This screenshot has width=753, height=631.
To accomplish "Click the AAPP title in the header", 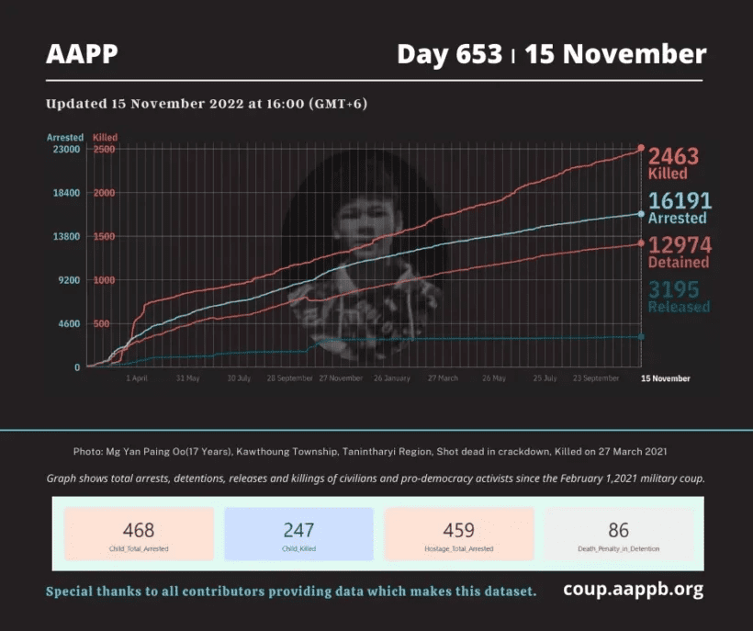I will (x=82, y=54).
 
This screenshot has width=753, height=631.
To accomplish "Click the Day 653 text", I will (x=449, y=54).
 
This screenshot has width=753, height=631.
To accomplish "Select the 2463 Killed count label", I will (x=673, y=163).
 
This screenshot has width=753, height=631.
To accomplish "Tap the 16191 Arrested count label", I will (x=679, y=208).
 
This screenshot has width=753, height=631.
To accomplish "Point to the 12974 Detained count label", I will (x=679, y=252).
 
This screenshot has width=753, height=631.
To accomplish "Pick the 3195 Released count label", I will (x=679, y=296).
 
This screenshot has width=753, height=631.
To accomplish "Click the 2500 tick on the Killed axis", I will (x=104, y=149).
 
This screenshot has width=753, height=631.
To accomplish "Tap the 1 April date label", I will (x=136, y=378).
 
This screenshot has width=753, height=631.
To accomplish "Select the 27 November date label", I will (x=341, y=378).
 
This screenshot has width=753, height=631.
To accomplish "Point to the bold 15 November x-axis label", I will (x=665, y=378).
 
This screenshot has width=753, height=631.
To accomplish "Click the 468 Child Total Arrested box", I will (x=139, y=534).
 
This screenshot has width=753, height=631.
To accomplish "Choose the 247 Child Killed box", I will (x=298, y=534).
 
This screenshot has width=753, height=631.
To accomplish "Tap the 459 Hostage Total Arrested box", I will (x=459, y=534).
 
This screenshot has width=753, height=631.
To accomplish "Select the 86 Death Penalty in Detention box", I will (x=619, y=534).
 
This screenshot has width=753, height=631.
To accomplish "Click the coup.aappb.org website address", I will (x=634, y=590).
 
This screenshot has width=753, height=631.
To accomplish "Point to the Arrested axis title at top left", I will (x=65, y=138).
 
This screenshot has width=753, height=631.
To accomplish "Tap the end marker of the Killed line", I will (x=641, y=148).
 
